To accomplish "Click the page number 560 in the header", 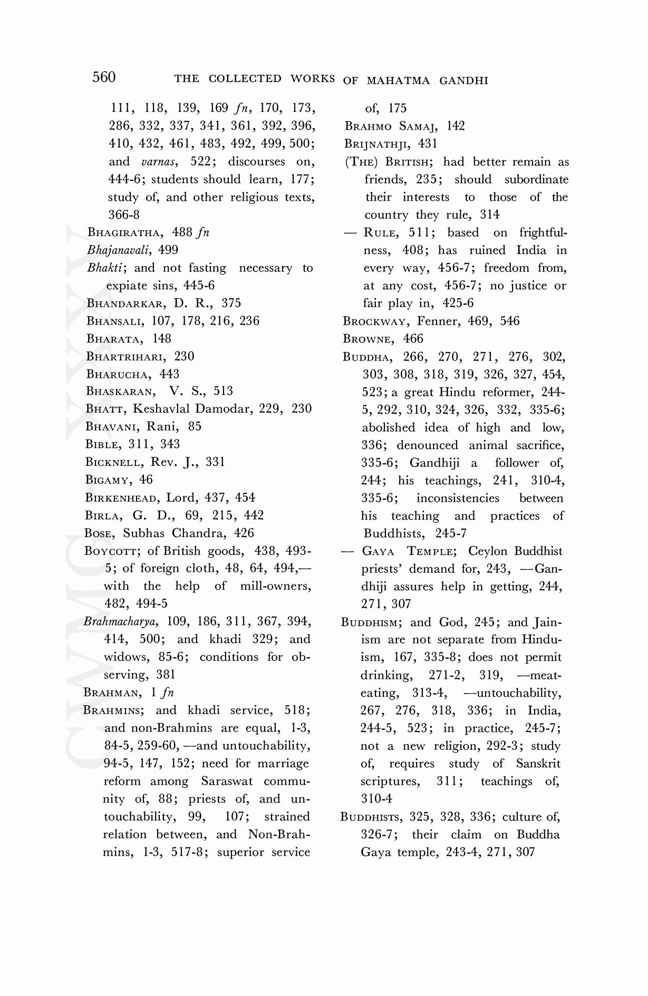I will pyautogui.click(x=104, y=77).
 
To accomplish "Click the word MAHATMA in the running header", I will pyautogui.click(x=398, y=81).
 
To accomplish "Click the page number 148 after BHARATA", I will pyautogui.click(x=162, y=338).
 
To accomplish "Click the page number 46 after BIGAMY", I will pyautogui.click(x=146, y=480).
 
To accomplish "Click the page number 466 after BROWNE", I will pyautogui.click(x=413, y=338).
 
